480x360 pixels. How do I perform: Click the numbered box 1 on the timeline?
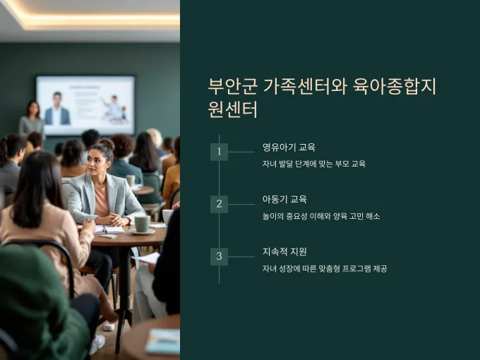point(219,152)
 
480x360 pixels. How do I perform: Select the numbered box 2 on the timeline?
point(219,204)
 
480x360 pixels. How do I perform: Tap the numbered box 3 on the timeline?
point(219,256)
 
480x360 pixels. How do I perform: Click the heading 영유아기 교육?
point(289,148)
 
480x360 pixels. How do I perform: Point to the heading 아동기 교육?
point(284,200)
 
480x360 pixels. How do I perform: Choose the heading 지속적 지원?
point(284,252)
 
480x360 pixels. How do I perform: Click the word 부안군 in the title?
point(233,87)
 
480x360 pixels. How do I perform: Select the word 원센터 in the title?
point(233,109)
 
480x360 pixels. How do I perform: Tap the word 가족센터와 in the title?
point(305,87)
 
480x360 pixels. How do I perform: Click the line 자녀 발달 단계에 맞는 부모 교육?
point(314,164)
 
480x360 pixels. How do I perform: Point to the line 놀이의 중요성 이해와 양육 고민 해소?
point(321,217)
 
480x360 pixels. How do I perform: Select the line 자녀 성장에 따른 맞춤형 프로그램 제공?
point(325,269)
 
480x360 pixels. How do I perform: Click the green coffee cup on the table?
point(143,224)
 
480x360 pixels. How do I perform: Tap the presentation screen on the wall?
point(85,105)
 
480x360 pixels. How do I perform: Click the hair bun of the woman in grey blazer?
point(107,145)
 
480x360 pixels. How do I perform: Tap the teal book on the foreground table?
point(162,342)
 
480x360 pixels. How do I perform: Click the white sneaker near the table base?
point(109,325)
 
